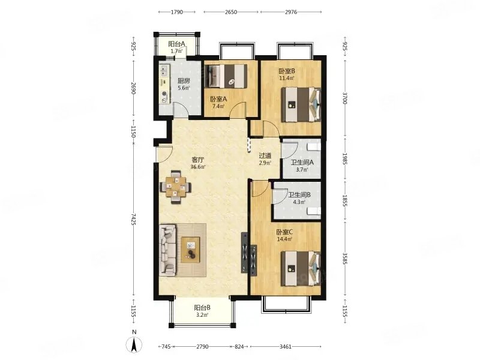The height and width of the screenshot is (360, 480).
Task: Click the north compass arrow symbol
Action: pos(134,344)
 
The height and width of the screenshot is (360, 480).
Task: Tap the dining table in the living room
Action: pos(175,187)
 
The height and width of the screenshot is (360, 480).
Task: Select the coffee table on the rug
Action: pos(190,250)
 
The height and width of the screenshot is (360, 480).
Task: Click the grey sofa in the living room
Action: pos(168,250)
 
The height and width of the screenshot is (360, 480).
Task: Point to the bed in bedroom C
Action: pos(301,268)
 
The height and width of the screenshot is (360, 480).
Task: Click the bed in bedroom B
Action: pos(301,104)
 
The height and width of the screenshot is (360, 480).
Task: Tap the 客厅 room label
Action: pos(198,160)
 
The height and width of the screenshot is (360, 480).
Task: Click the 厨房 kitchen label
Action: pos(184,81)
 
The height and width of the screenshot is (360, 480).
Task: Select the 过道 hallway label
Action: pos(265,156)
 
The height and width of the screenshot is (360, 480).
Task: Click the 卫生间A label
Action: pos(302,163)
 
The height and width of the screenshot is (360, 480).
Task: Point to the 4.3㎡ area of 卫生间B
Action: pos(299,202)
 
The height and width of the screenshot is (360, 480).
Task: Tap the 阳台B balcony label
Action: pos(202,308)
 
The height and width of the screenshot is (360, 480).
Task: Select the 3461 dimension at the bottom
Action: pos(286,347)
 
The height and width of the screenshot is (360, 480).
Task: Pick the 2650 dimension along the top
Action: pos(231,12)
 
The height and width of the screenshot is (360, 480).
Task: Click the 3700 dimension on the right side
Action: pos(345,98)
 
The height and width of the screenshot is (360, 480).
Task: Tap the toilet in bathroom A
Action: pos(314,147)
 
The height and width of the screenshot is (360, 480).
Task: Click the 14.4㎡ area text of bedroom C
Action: pos(284,239)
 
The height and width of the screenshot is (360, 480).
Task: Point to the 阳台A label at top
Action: pos(176,44)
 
